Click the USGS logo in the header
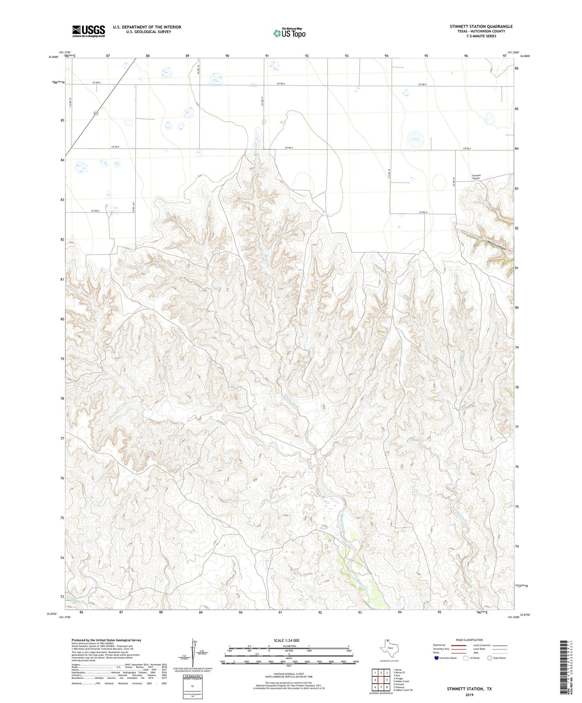(89, 31)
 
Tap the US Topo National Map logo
(289, 33)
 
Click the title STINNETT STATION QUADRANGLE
(481, 27)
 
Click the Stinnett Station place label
(476, 177)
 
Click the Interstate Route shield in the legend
(437, 658)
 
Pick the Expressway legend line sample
(459, 645)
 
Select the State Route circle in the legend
(490, 658)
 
